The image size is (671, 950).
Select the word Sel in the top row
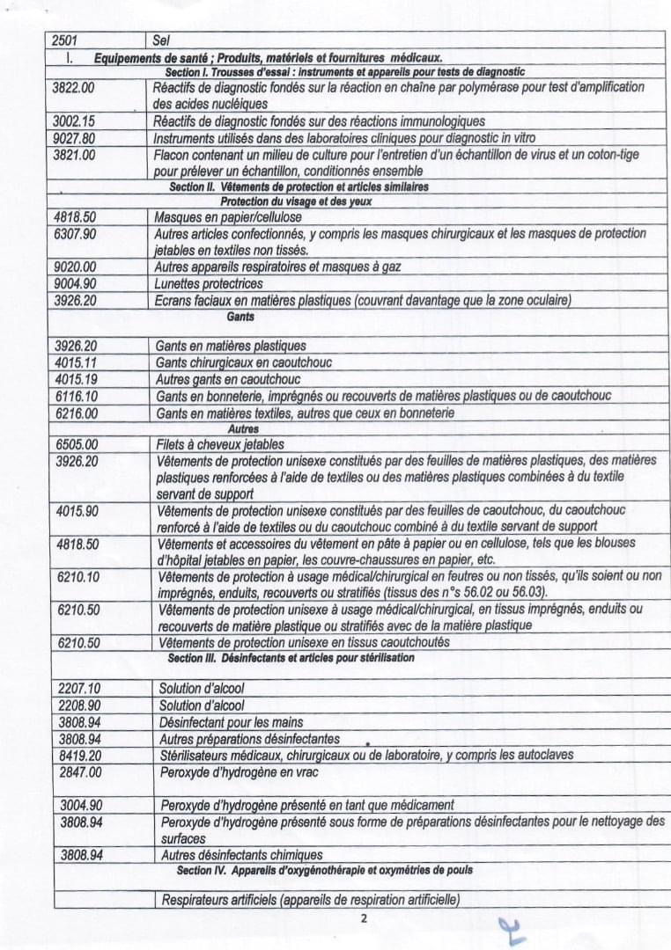[x=161, y=40]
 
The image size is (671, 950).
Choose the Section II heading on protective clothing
[x=299, y=186]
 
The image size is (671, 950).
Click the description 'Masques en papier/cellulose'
[x=228, y=216]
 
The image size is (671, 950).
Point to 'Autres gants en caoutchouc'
[x=228, y=379]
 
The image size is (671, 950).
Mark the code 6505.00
[x=77, y=444]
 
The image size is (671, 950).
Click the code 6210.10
[x=78, y=576]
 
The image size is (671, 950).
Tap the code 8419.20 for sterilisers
[x=80, y=755]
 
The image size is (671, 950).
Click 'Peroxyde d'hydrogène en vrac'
[x=239, y=772]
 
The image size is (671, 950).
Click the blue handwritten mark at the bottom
[x=511, y=929]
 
